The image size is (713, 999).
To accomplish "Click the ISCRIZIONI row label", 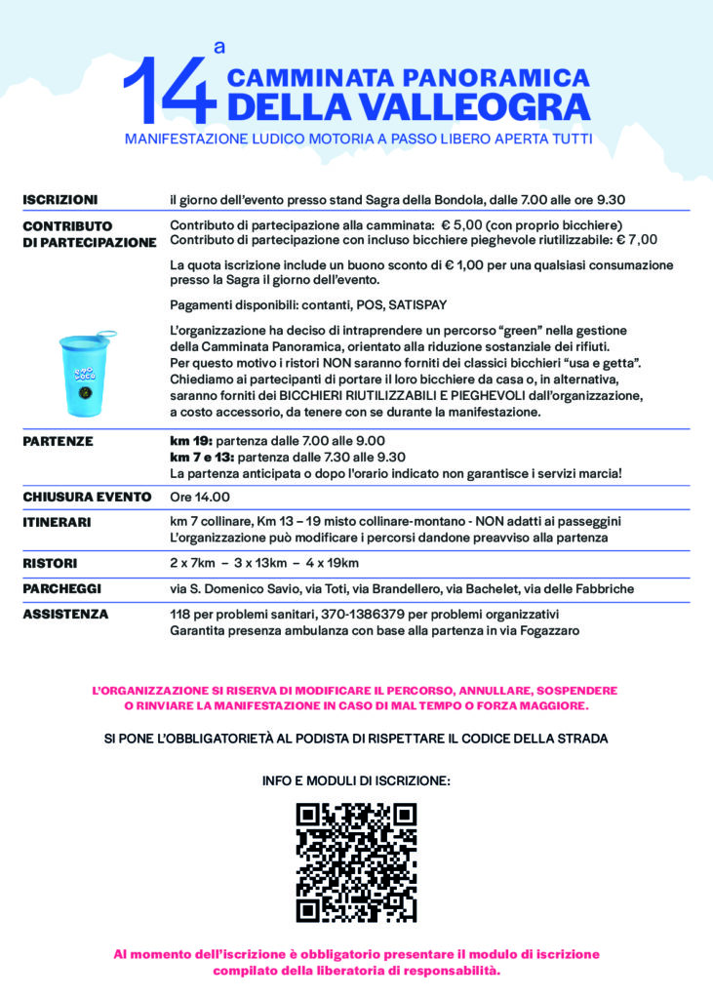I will [x=59, y=200].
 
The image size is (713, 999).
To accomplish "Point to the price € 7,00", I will [x=638, y=239].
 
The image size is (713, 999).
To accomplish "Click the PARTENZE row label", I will [x=58, y=441].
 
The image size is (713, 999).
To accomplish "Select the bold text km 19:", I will [x=191, y=441].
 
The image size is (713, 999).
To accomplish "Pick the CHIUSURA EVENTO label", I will [x=86, y=497].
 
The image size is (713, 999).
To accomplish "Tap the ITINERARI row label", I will [x=57, y=522].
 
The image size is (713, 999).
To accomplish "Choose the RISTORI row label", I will [x=50, y=563].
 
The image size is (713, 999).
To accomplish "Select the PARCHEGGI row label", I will [x=61, y=588].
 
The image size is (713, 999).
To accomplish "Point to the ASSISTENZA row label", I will [x=64, y=615].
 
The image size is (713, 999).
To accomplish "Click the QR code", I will [x=356, y=862].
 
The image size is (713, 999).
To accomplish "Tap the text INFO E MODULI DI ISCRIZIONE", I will [x=356, y=781].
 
